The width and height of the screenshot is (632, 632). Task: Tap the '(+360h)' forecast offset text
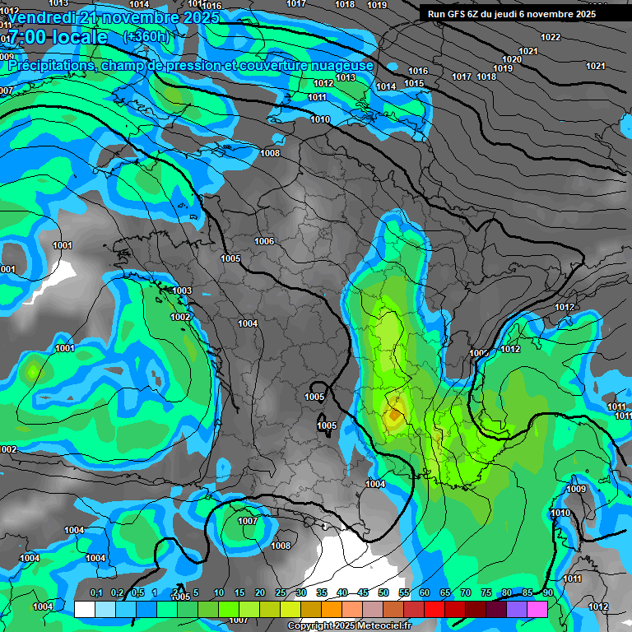click(147, 37)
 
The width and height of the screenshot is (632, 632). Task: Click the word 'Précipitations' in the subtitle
click(50, 65)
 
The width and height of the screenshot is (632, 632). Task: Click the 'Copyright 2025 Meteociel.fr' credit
click(351, 626)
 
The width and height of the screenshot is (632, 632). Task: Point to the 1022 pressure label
click(551, 37)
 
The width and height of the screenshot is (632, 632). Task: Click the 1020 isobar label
click(511, 59)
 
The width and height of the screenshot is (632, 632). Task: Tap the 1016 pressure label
click(418, 72)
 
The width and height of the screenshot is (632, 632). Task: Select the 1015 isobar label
click(414, 83)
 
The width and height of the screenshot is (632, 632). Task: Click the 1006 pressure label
click(264, 241)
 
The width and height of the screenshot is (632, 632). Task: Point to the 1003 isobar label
click(182, 290)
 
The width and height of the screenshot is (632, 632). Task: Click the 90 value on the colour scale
click(547, 592)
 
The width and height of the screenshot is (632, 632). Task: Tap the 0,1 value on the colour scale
click(96, 592)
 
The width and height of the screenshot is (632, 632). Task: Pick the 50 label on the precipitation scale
click(383, 592)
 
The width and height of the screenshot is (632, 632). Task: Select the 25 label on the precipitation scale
click(281, 592)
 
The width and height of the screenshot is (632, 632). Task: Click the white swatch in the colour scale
click(84, 609)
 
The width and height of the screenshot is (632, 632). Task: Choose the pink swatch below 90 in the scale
click(537, 609)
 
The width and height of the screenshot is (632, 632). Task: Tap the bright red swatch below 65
click(434, 609)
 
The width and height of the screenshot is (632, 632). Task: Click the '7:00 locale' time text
click(58, 38)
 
